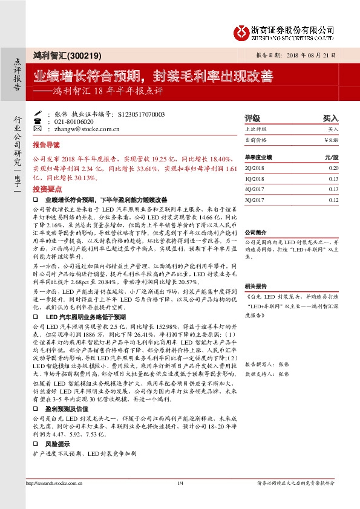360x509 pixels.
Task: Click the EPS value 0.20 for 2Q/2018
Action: (333, 167)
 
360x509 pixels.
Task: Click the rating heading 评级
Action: (252, 118)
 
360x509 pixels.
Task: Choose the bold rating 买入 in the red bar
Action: (331, 118)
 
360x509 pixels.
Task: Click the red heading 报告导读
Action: (47, 146)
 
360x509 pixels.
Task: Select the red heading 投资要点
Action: (47, 189)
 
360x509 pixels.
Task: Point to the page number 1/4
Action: (180, 482)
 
